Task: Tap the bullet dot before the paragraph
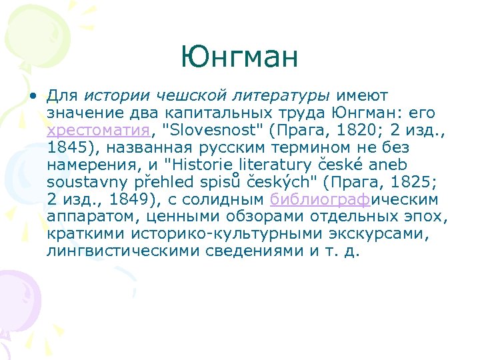31,95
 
